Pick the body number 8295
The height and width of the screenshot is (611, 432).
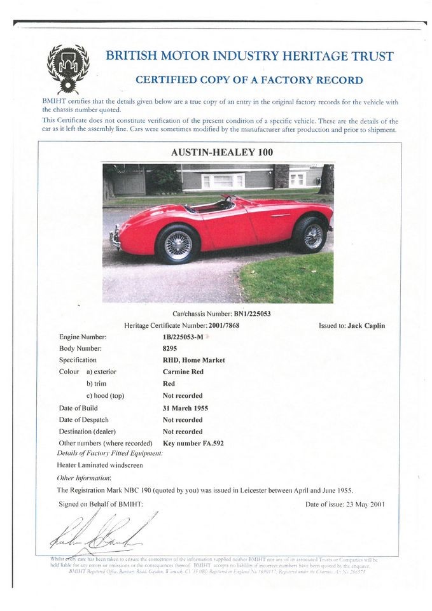[171, 348]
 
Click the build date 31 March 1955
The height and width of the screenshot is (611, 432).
[186, 408]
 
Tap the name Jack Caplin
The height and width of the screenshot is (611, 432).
[366, 325]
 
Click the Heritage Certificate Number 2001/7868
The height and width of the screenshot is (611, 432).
[218, 325]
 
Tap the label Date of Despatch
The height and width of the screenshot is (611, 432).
[83, 420]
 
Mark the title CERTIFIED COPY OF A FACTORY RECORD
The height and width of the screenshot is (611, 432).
[249, 80]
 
